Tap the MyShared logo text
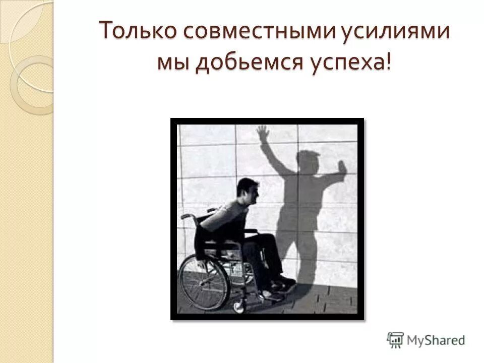pyautogui.click(x=436, y=340)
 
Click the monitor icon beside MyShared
pyautogui.click(x=396, y=339)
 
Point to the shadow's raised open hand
pyautogui.click(x=263, y=135)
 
